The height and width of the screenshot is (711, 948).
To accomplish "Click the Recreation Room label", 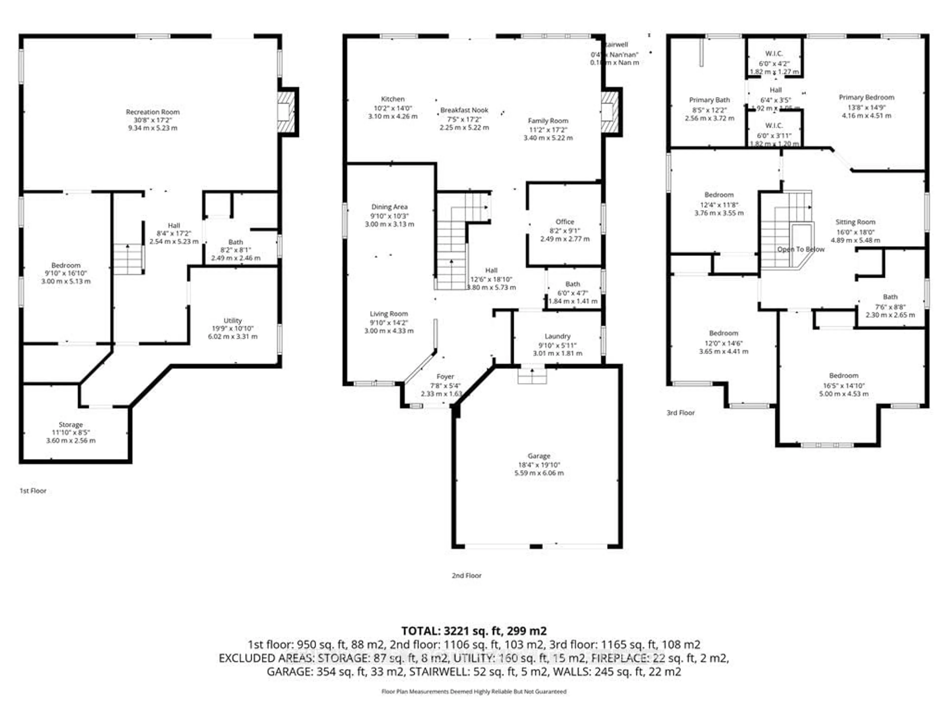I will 153,112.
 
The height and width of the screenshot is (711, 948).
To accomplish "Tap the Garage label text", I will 539,456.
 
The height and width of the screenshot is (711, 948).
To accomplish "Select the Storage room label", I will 71,424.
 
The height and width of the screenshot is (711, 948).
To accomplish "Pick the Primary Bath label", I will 709,100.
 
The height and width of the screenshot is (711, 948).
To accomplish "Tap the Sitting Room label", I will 855,222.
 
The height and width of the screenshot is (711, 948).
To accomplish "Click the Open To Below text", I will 801,249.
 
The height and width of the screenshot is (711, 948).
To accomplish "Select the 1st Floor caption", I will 33,491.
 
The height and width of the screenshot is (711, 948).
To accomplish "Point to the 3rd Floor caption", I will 681,413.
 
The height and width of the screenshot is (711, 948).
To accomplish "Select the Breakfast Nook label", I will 464,110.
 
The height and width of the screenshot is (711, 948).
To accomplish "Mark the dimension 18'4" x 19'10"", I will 539,465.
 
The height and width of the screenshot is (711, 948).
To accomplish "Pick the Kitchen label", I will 393,99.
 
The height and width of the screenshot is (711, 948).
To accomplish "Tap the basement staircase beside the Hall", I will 128,259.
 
